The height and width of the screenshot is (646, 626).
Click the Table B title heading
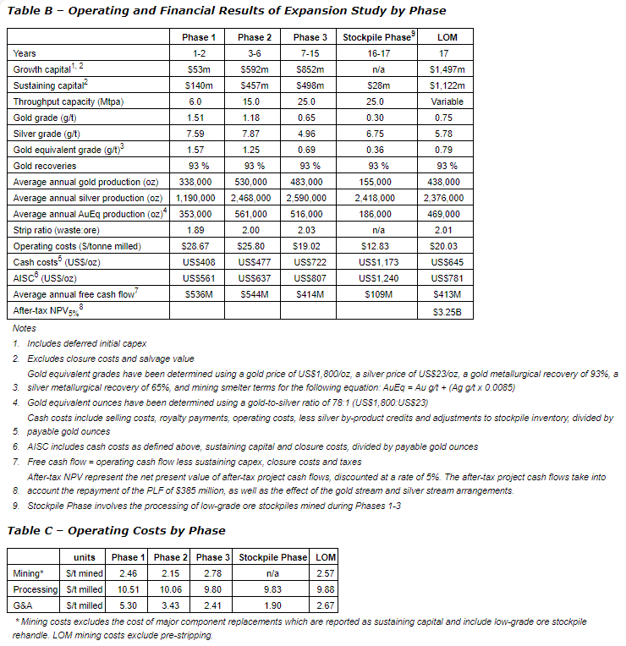click(226, 11)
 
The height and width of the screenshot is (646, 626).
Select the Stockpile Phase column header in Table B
click(375, 37)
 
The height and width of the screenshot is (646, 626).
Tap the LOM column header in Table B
click(447, 37)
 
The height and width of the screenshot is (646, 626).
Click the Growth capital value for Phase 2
click(252, 69)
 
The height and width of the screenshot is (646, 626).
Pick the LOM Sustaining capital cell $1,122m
click(447, 85)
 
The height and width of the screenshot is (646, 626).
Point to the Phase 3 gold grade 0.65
click(307, 118)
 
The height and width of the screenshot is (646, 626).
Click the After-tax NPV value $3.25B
click(447, 310)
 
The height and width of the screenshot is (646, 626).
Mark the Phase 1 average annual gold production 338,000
click(196, 182)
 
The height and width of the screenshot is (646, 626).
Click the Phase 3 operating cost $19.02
click(307, 246)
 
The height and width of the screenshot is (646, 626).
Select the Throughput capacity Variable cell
click(447, 101)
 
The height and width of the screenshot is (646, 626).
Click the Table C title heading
click(116, 530)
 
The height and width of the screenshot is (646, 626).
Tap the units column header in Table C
click(84, 557)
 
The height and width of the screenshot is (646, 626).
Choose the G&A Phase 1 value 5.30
click(127, 605)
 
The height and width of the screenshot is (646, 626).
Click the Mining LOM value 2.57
click(324, 573)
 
